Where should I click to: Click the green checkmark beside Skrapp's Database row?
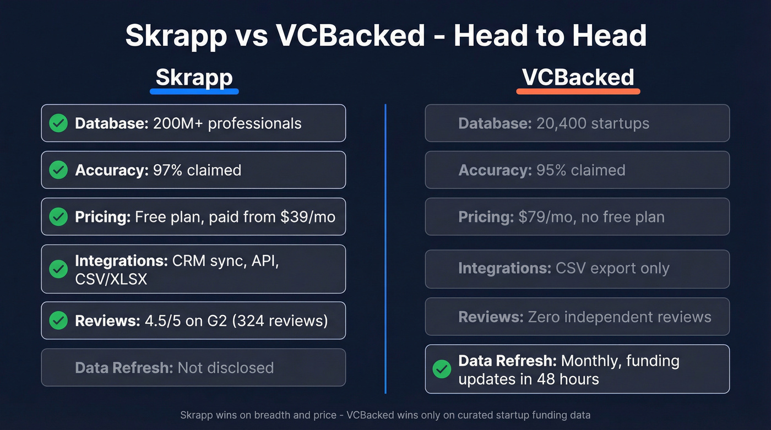58,123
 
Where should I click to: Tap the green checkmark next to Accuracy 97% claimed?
58,170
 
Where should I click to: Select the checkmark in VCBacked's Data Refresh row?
442,369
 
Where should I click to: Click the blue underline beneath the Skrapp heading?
194,91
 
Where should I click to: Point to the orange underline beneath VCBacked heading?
578,91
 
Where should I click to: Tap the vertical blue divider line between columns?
385,248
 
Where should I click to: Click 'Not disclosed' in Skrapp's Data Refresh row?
226,367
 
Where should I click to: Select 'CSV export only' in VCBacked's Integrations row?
612,269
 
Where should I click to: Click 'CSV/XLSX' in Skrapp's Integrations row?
111,279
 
